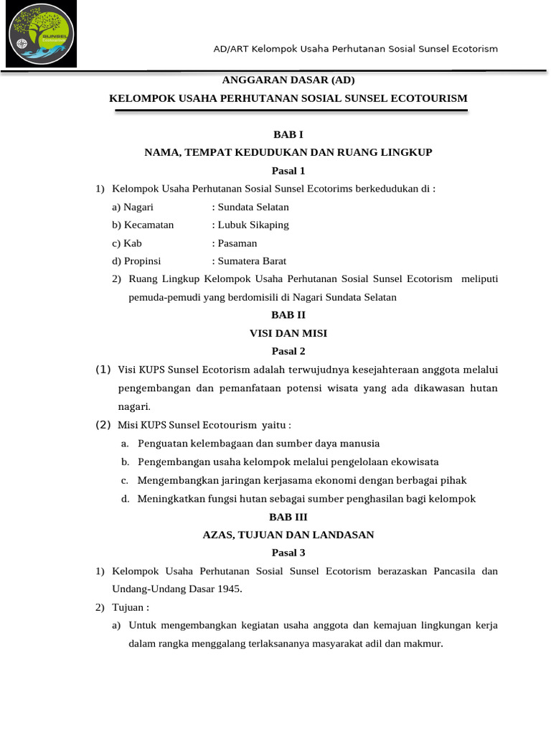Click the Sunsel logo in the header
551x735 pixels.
pos(41,34)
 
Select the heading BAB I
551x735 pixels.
pos(288,134)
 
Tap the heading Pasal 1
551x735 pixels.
pos(288,171)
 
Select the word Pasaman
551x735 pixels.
pos(237,243)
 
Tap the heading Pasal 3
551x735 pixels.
pos(288,553)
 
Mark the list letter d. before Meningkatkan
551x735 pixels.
pos(125,499)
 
